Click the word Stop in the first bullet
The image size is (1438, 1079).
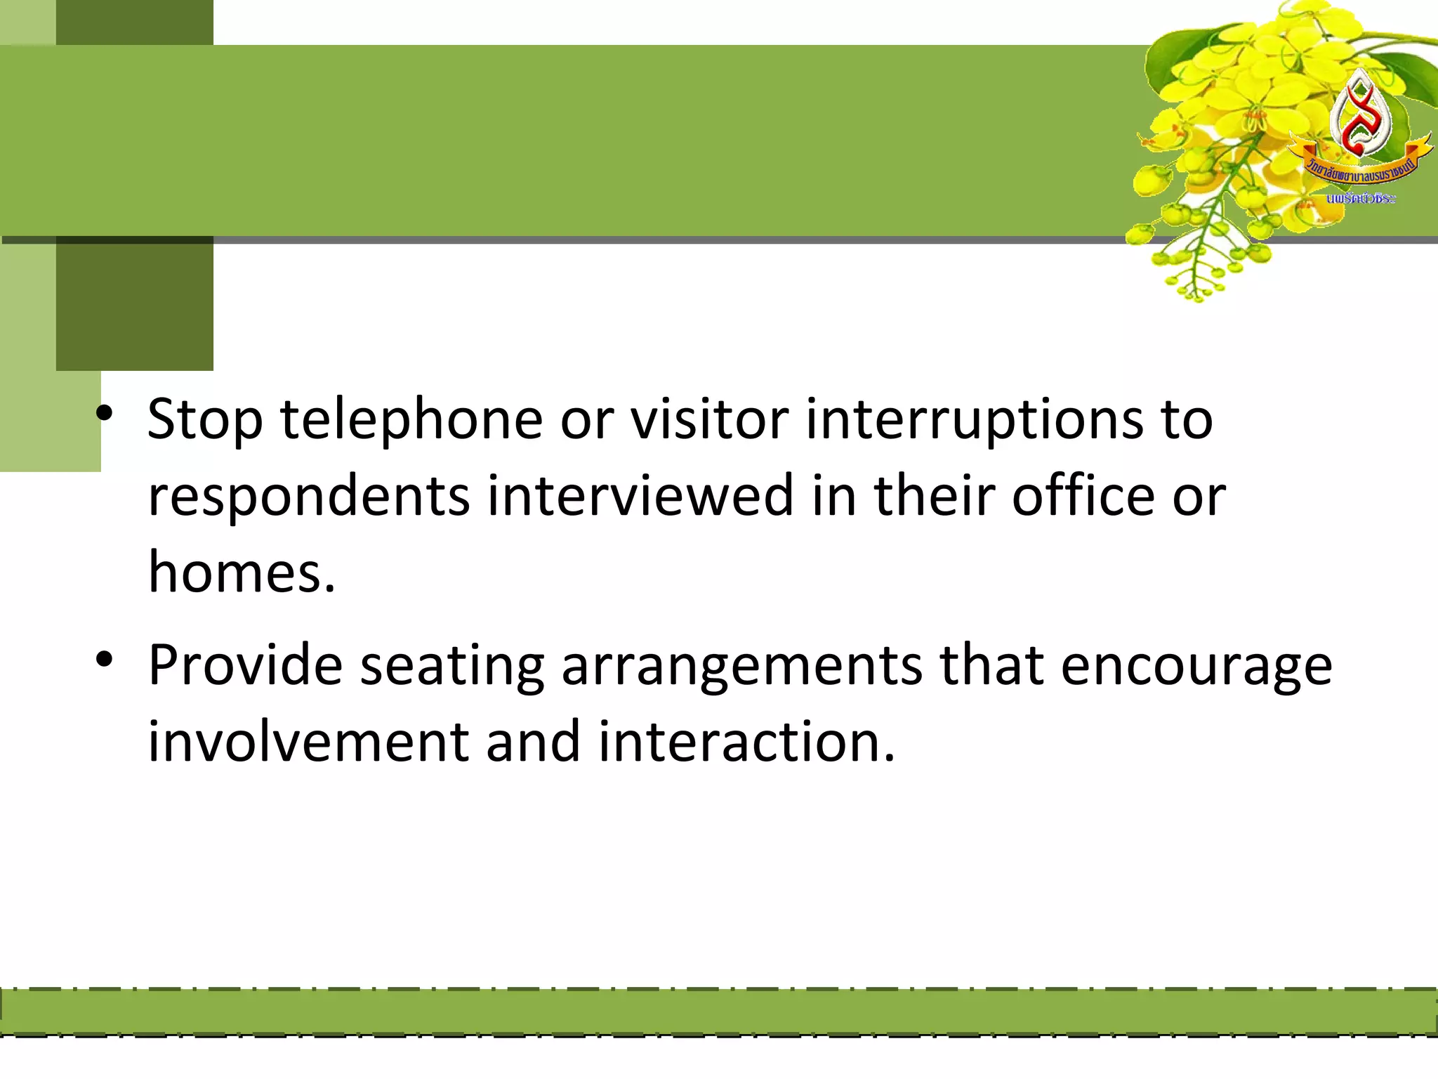pyautogui.click(x=205, y=420)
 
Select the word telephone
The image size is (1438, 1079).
pyautogui.click(x=411, y=420)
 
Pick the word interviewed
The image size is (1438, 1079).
pyautogui.click(x=640, y=496)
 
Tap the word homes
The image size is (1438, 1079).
pyautogui.click(x=241, y=572)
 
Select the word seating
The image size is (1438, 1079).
pyautogui.click(x=452, y=666)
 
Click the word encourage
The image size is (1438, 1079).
pyautogui.click(x=1196, y=666)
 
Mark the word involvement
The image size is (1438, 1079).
pyautogui.click(x=308, y=742)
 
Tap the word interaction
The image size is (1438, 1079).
pyautogui.click(x=746, y=742)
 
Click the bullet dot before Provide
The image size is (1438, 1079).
pyautogui.click(x=105, y=660)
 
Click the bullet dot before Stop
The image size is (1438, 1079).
pyautogui.click(x=105, y=415)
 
